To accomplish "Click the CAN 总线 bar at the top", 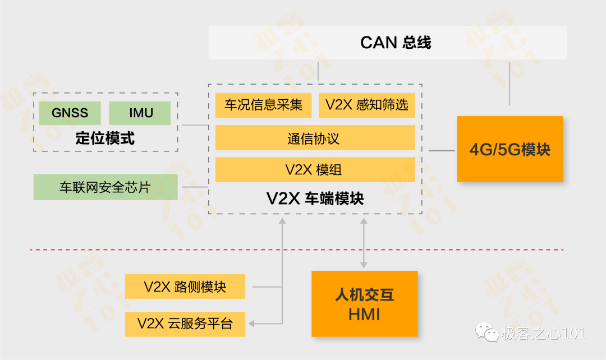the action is pos(388,43).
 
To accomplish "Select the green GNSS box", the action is pos(70,113).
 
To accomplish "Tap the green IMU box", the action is pos(140,113).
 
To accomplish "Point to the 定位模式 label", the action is pos(105,139).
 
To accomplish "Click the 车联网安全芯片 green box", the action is pos(105,187).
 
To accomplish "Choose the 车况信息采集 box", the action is pos(263,105).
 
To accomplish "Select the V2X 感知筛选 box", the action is pos(367,105).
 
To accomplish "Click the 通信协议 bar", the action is pos(315,137).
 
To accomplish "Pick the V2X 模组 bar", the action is pos(315,169).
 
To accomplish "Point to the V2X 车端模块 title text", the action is pos(315,199).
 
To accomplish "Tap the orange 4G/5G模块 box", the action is pos(510,149).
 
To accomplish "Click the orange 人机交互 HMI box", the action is pos(365,303).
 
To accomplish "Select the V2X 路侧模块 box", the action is pos(185,286).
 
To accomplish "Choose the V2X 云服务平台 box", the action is pos(185,324).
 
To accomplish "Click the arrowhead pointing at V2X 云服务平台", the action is pos(251,324).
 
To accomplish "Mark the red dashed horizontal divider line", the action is pos(297,250).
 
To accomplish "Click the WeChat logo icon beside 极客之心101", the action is pos(487,333).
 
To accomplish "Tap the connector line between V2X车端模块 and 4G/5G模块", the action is pos(442,151).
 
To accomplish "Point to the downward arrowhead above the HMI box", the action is pos(364,265).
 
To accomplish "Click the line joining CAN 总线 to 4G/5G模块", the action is pos(509,82).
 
